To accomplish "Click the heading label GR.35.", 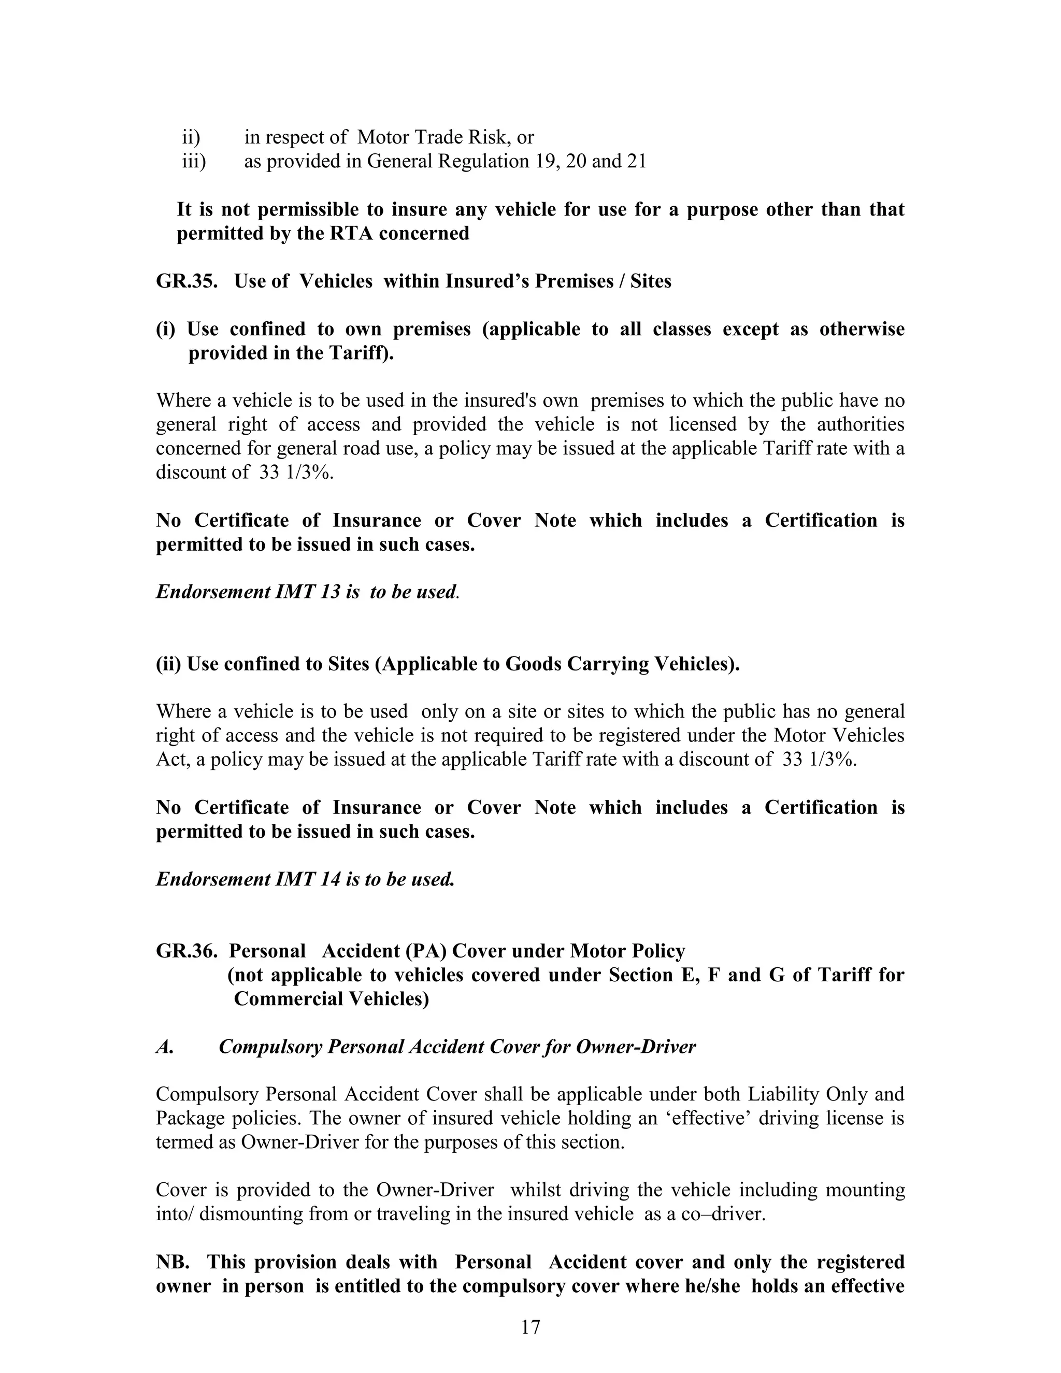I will point(187,281).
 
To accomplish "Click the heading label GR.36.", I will point(187,951).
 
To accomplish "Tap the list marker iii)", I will point(194,162).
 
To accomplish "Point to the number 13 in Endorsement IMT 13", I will point(329,592).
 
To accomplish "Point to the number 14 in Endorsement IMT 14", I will point(329,879).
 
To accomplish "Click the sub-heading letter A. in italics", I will point(165,1047).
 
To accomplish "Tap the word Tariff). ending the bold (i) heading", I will point(362,353).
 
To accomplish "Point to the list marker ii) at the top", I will point(191,137).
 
